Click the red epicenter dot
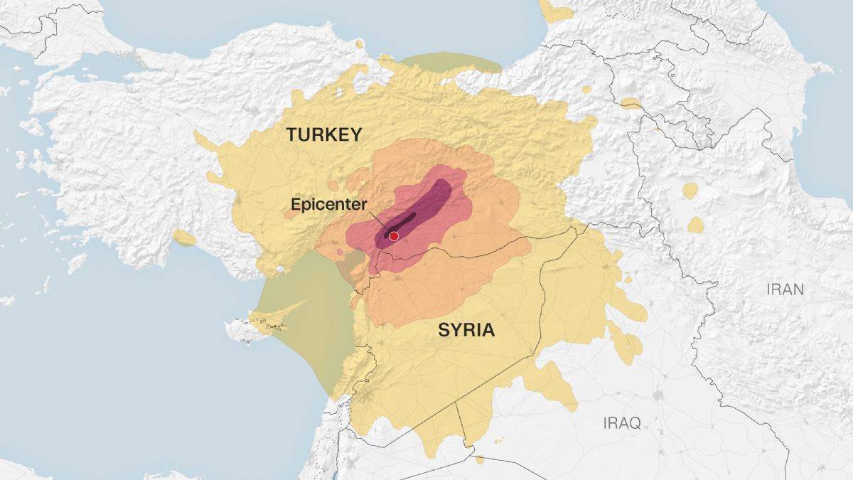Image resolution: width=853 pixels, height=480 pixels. (393, 236)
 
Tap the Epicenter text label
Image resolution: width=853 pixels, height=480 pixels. (328, 204)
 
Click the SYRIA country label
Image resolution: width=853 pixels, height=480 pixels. (466, 331)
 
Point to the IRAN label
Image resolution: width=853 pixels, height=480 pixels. (785, 289)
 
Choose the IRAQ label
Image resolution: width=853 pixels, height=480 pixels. (622, 424)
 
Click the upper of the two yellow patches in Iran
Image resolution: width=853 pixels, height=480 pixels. (690, 190)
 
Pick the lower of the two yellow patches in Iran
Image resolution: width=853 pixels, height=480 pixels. (695, 225)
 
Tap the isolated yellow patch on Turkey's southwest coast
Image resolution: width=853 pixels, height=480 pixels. (184, 238)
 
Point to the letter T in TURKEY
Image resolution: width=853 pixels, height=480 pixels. (291, 134)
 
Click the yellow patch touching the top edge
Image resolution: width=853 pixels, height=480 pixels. (554, 10)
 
